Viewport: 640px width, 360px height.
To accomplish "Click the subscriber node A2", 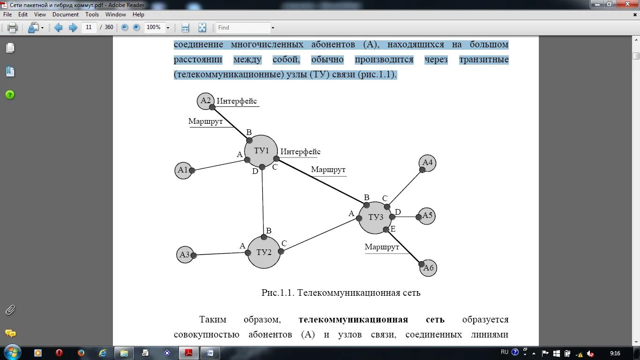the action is coord(206,100).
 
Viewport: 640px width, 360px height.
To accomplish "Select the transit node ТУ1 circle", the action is coord(261,151).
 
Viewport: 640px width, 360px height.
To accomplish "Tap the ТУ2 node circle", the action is coord(264,252).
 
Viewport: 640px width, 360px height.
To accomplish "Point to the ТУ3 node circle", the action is coord(375,217).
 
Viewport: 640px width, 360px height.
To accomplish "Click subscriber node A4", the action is coord(427,163).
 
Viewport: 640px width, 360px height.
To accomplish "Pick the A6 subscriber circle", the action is coord(428,268).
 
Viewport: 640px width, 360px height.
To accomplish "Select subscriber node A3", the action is coord(185,255).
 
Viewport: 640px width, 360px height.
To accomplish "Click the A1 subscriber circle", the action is coord(183,170).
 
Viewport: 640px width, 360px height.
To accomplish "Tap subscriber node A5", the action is coord(427,216).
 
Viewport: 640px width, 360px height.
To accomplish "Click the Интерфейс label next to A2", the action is coord(237,101).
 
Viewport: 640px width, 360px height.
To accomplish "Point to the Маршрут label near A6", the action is coord(382,247).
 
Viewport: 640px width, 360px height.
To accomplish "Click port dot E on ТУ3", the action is coord(386,229).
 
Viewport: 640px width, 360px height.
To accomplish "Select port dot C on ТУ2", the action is coord(281,251).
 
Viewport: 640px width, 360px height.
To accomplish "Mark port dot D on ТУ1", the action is coord(262,167).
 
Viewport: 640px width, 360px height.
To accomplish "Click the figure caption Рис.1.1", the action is coord(341,293).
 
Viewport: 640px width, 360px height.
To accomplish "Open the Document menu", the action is coord(66,15).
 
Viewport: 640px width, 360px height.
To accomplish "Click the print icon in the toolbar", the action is coord(12,28).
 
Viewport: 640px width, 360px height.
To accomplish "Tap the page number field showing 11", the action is coord(89,27).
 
